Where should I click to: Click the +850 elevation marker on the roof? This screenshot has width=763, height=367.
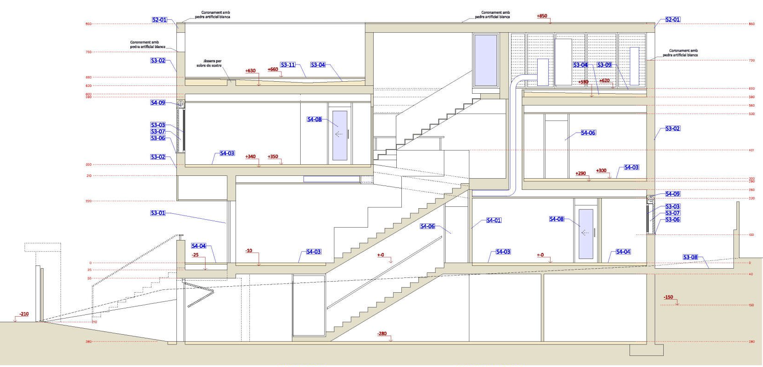542,16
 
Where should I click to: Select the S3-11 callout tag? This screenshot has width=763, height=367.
288,65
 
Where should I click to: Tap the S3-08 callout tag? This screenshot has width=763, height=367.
690,258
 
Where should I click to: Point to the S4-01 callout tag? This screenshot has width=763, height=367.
494,221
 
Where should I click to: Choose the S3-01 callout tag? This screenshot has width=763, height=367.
158,213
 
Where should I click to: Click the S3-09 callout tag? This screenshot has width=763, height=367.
604,65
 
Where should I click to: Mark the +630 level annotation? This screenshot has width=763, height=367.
250,71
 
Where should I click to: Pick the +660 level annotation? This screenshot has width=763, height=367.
273,70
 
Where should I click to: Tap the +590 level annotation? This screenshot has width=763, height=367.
583,82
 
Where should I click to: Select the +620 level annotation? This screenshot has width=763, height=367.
605,81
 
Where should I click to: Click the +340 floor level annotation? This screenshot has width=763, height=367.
250,157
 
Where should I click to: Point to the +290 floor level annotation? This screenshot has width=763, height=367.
581,174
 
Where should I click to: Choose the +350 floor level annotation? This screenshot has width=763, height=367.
273,157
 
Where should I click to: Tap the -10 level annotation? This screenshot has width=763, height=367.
249,251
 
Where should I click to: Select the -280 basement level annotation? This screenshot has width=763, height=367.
382,334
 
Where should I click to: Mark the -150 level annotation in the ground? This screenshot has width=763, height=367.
668,297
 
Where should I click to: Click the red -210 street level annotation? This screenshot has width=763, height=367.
24,314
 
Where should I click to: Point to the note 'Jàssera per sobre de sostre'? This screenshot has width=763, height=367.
212,63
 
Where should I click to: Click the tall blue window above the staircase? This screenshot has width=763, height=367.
485,60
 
